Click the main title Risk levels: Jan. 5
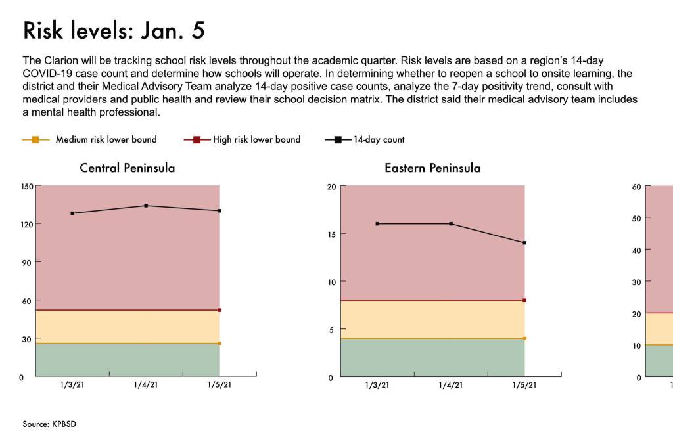114,31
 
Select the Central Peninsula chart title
128,168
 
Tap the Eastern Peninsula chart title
432,168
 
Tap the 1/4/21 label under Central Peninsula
146,386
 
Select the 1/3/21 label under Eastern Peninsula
377,386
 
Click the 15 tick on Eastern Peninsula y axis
331,234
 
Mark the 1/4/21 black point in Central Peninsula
146,206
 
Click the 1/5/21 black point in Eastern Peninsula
524,243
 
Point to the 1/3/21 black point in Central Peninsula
72,213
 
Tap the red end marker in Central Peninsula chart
220,310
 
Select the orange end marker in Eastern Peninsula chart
524,338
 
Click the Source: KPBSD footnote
49,424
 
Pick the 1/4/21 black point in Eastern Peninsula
451,224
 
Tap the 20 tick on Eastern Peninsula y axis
331,187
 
